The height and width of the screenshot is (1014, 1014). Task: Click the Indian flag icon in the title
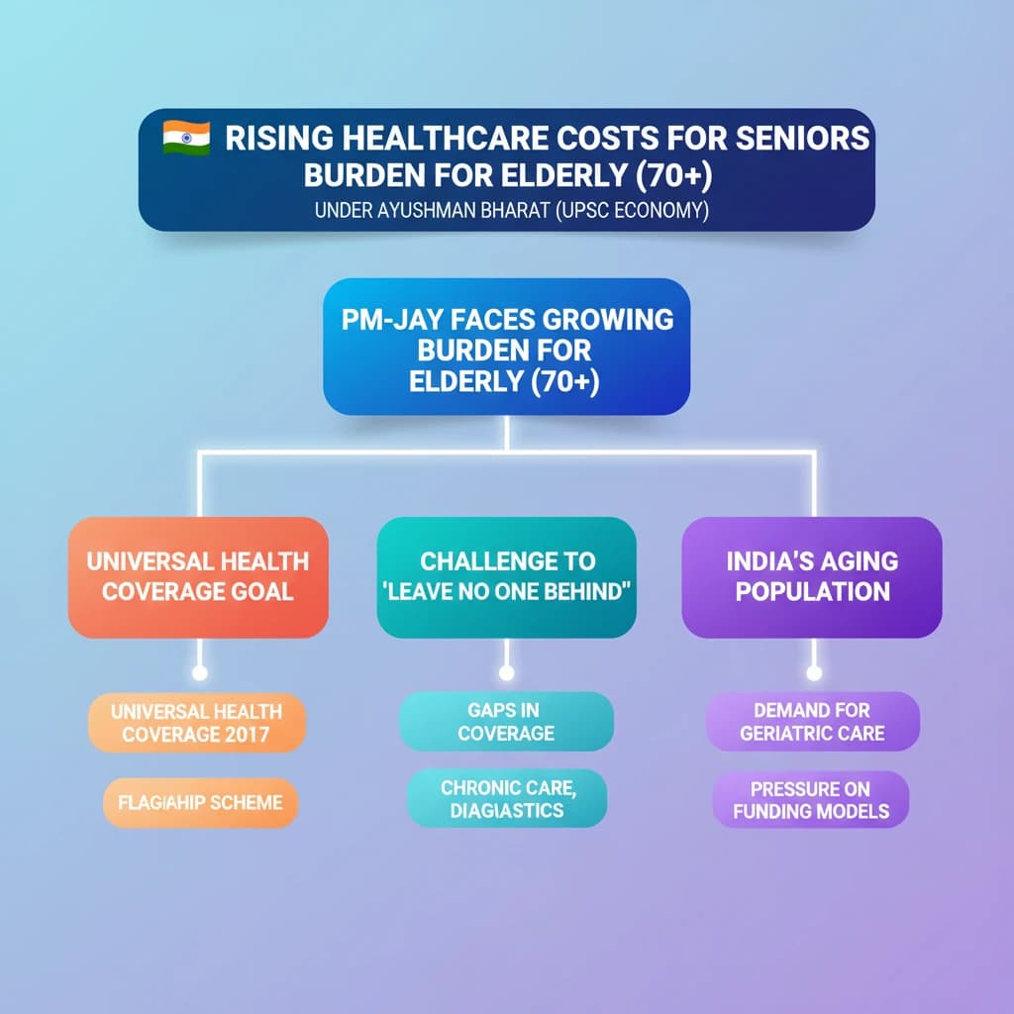click(x=186, y=138)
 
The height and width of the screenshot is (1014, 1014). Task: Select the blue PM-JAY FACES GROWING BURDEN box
click(x=506, y=347)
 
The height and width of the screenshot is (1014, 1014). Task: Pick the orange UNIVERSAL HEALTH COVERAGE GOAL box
click(x=198, y=576)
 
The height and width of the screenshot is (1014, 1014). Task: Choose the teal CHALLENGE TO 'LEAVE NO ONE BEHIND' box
click(x=506, y=576)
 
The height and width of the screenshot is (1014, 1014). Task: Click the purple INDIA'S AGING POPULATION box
click(x=812, y=576)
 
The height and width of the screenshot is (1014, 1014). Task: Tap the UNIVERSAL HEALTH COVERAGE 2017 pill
click(x=197, y=723)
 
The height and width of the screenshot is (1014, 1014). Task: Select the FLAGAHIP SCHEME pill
click(x=200, y=802)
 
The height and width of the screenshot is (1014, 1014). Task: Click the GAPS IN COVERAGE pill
click(x=506, y=722)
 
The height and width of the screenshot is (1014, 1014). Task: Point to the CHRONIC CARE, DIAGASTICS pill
click(x=506, y=798)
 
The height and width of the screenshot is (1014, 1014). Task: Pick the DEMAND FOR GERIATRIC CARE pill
click(x=812, y=722)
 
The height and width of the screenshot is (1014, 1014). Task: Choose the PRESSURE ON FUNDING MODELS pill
click(x=810, y=800)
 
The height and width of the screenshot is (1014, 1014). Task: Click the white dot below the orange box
click(x=199, y=673)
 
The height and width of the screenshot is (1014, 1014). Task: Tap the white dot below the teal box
click(x=507, y=673)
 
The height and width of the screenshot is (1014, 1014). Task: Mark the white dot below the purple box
click(x=814, y=673)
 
